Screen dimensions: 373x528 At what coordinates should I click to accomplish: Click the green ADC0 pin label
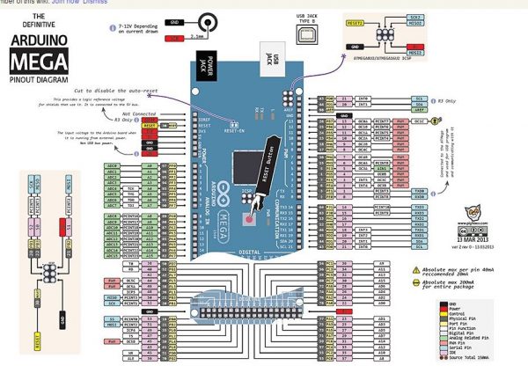point(112,164)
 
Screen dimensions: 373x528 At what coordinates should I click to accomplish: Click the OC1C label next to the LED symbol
point(421,121)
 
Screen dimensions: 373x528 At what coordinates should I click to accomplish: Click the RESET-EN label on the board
point(234,129)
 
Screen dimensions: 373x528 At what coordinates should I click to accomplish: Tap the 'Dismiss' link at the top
point(96,3)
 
